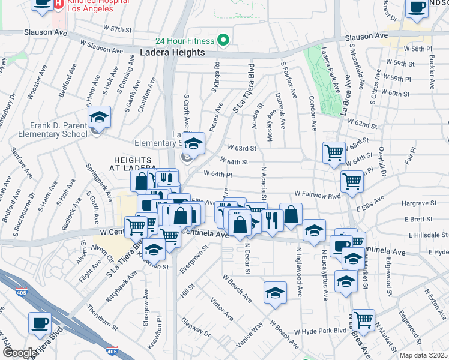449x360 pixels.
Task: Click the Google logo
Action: tap(20, 353)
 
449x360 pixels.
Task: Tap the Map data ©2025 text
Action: tap(423, 355)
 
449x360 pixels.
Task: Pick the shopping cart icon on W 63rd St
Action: tap(334, 152)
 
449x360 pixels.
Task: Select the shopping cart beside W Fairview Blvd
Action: tap(351, 181)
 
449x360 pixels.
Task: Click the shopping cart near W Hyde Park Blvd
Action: tap(363, 319)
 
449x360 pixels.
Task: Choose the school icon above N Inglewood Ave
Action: tap(313, 230)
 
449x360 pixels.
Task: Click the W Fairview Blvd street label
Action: tap(318, 195)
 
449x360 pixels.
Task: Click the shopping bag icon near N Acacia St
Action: tap(291, 214)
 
